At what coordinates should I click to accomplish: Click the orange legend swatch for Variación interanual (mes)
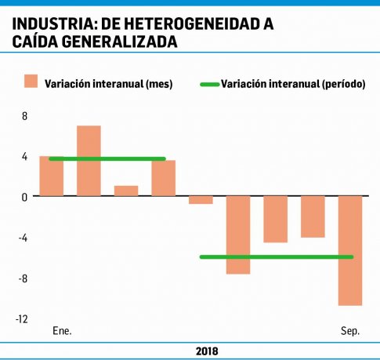coord(31,82)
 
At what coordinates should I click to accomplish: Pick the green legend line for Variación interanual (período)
coord(209,83)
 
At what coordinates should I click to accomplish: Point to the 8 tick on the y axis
coord(24,116)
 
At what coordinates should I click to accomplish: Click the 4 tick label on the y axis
coord(24,157)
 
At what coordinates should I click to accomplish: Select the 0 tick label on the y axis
coord(24,197)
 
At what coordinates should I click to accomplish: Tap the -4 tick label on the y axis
coord(23,238)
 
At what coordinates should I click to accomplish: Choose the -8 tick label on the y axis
coord(23,278)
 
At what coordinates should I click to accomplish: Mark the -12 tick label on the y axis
coord(21,319)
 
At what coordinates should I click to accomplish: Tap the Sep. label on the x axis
coord(350,332)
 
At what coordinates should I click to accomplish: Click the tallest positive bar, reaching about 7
coord(89,161)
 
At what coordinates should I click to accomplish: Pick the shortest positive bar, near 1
coord(126,191)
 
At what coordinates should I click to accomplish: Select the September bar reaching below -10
coord(349,250)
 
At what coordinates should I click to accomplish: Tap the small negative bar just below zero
coord(201,200)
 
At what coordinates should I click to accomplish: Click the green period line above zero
coord(107,159)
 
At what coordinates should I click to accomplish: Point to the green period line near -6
coord(277,256)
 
